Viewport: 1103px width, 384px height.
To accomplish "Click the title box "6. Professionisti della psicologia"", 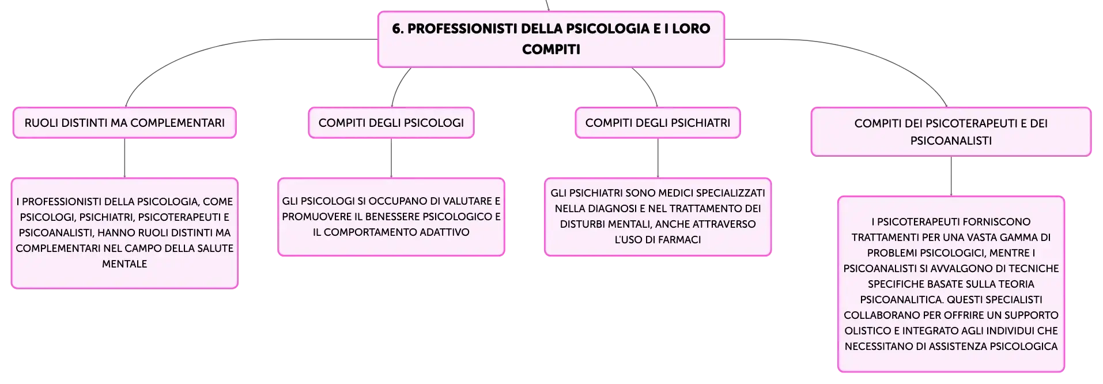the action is point(551,39).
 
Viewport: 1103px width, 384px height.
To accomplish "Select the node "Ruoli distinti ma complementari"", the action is point(124,123).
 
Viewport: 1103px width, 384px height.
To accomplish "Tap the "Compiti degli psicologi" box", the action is point(391,123).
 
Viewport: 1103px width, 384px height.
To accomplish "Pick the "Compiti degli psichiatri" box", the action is point(658,123).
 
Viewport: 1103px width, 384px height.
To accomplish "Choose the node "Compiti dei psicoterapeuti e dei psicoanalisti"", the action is point(951,131).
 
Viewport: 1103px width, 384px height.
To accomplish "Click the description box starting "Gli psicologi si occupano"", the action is point(391,217).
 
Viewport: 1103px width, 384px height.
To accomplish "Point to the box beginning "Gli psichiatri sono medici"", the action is point(658,217).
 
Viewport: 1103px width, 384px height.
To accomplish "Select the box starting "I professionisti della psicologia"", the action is point(124,233).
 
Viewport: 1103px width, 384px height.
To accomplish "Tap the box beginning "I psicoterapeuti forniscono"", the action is point(951,284).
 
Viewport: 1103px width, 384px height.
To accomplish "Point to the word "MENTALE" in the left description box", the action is point(124,264).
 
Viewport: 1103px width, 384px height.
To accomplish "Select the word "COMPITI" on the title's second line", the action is point(551,50).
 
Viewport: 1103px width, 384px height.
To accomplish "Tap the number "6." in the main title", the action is point(398,29).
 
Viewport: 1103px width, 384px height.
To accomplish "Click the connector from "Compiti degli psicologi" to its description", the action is point(391,158).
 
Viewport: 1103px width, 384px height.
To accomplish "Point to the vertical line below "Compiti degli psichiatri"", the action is point(658,158).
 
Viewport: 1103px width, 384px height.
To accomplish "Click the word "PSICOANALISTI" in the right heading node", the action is point(951,141).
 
